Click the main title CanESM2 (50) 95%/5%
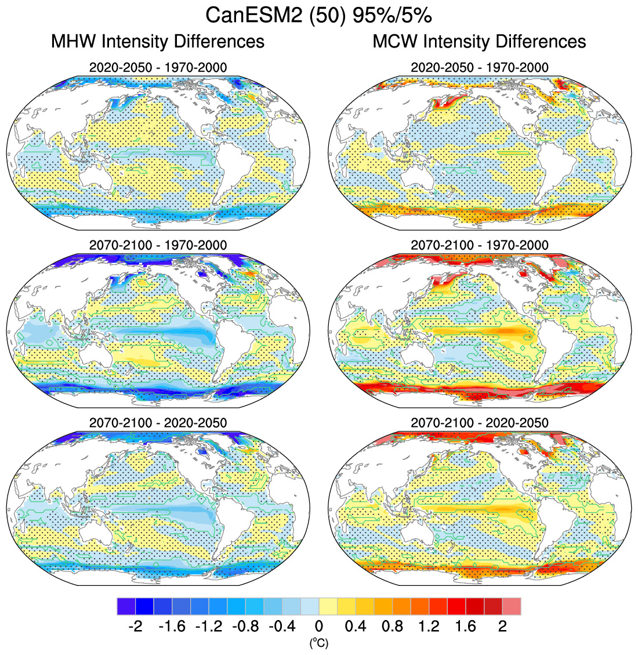[x=318, y=16]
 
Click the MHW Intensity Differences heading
[x=158, y=42]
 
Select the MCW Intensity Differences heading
[x=479, y=42]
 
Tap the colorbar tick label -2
[x=135, y=627]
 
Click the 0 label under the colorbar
[x=318, y=627]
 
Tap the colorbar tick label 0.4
[x=355, y=627]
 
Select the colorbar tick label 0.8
[x=392, y=627]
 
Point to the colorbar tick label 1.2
[x=429, y=627]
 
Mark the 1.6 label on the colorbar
[x=466, y=627]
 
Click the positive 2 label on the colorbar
[x=502, y=627]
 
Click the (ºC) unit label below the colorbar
[x=318, y=643]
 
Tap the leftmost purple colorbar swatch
[x=126, y=606]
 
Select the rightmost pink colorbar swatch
[x=512, y=606]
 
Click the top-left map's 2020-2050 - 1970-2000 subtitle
[x=158, y=67]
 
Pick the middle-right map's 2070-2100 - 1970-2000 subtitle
[x=479, y=245]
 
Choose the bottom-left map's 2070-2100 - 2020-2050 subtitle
[x=158, y=423]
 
